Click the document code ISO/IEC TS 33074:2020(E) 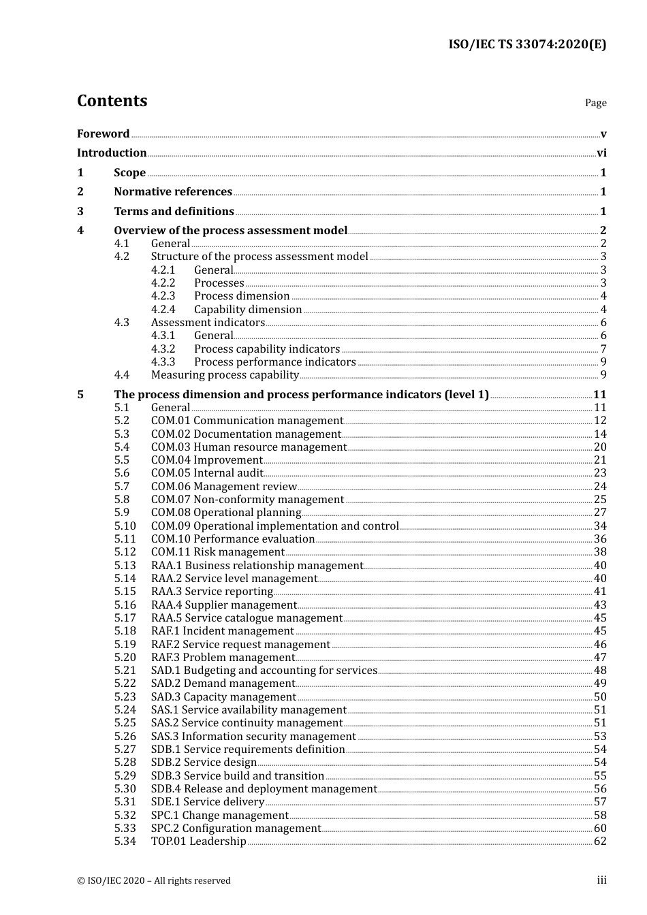pyautogui.click(x=526, y=45)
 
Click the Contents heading pyautogui.click(x=112, y=101)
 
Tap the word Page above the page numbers pyautogui.click(x=595, y=103)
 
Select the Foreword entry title pyautogui.click(x=103, y=134)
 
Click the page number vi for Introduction pyautogui.click(x=601, y=153)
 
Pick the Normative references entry pyautogui.click(x=173, y=192)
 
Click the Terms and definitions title pyautogui.click(x=174, y=212)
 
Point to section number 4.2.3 pyautogui.click(x=163, y=296)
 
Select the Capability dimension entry pyautogui.click(x=248, y=310)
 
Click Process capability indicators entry pyautogui.click(x=267, y=349)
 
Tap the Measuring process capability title pyautogui.click(x=225, y=375)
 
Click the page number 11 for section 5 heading pyautogui.click(x=599, y=395)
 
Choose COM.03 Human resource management pyautogui.click(x=249, y=447)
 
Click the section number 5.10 pyautogui.click(x=125, y=526)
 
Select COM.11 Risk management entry pyautogui.click(x=217, y=552)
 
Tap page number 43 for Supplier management pyautogui.click(x=600, y=605)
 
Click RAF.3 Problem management pyautogui.click(x=223, y=658)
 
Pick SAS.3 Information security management pyautogui.click(x=253, y=737)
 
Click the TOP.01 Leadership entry pyautogui.click(x=198, y=841)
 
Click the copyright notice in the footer pyautogui.click(x=154, y=881)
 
